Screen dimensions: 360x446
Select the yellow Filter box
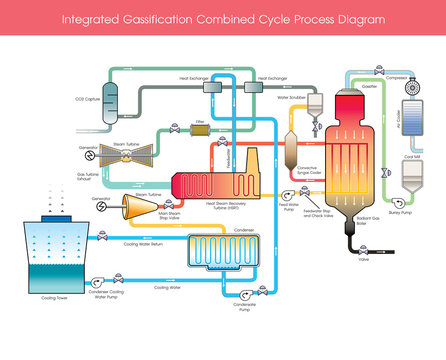tap(200, 129)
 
